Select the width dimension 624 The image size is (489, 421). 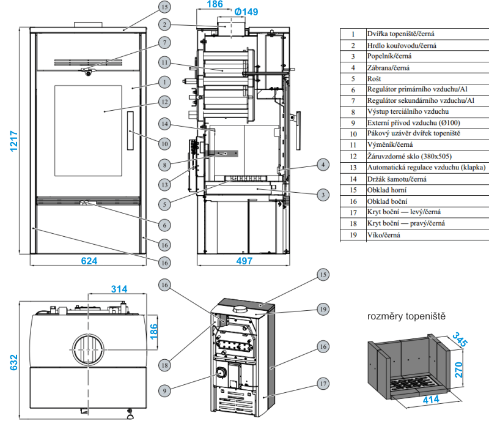point(89,260)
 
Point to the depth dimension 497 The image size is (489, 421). point(244,260)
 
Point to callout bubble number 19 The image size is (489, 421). point(323,309)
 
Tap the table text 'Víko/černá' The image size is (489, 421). point(383,234)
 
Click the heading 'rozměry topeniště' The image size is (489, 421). point(406,317)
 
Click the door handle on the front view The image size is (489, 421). point(131,129)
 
